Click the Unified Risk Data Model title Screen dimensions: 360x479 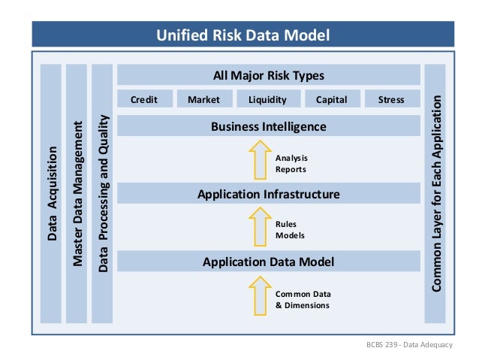pos(242,35)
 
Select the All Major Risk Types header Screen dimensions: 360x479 pos(268,75)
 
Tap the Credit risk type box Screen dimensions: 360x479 pos(144,99)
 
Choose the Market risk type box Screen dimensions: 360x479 pos(203,99)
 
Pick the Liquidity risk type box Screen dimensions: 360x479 pos(267,99)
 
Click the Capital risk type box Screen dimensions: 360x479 pos(331,99)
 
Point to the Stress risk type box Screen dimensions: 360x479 pos(391,99)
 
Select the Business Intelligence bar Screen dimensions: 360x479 pos(268,126)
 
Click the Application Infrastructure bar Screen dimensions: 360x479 pos(268,194)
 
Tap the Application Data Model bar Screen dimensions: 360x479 pos(268,262)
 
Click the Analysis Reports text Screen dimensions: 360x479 pos(291,163)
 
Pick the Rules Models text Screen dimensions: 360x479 pos(290,229)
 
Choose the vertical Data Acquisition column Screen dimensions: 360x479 pos(52,194)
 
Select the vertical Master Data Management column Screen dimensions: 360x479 pos(77,194)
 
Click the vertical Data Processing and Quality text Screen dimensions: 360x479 pos(104,194)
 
